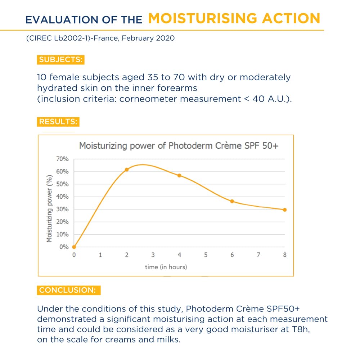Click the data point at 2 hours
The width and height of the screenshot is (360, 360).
(x=127, y=169)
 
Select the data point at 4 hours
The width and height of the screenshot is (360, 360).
(x=179, y=175)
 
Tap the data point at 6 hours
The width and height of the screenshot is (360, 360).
(x=232, y=201)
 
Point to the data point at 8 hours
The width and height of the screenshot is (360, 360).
(x=285, y=210)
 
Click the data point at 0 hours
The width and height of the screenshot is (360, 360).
(x=74, y=247)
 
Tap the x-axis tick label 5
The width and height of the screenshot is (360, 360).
(x=206, y=255)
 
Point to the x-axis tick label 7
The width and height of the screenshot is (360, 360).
(x=258, y=255)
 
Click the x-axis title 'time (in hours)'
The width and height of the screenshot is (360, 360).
(x=166, y=267)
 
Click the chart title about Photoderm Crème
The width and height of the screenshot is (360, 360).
(x=179, y=146)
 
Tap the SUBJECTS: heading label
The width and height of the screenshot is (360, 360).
(x=60, y=60)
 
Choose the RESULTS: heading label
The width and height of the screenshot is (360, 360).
(x=58, y=122)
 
